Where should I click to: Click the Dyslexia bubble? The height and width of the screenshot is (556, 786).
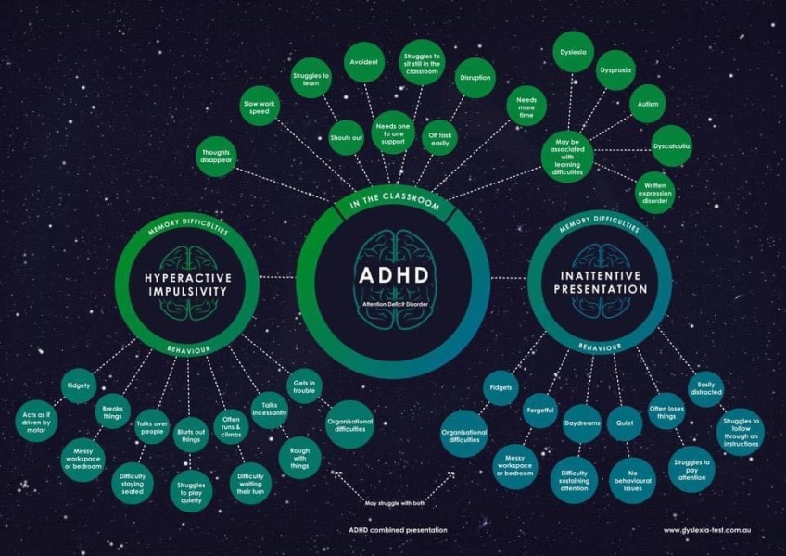click(574, 52)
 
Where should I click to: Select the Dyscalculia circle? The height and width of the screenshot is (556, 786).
click(672, 146)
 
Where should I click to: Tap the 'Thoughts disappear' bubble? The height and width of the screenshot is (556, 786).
click(216, 157)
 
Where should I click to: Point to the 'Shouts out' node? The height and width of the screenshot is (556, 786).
click(347, 137)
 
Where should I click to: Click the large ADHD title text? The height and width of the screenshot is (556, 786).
click(394, 275)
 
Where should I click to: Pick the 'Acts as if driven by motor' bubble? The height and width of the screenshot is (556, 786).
click(36, 423)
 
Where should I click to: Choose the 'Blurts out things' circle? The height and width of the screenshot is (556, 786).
click(191, 436)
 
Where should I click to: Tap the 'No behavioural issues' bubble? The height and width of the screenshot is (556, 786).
click(633, 480)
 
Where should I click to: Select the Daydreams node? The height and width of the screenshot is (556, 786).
click(582, 423)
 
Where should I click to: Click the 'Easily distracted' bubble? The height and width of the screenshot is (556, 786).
click(705, 388)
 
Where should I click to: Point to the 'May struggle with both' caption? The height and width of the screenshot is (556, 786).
click(395, 503)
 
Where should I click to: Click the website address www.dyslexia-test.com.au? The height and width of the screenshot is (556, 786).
click(707, 530)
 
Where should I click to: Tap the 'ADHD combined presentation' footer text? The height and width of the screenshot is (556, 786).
click(398, 530)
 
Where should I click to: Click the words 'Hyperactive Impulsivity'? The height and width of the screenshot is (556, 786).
click(188, 284)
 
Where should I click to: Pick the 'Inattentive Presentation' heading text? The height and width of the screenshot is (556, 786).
click(601, 283)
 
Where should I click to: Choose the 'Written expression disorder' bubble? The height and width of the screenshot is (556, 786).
click(655, 193)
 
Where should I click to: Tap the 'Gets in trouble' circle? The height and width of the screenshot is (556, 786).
click(304, 386)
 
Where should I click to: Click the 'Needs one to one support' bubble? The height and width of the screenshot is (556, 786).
click(393, 133)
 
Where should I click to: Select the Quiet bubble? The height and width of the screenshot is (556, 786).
click(625, 423)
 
